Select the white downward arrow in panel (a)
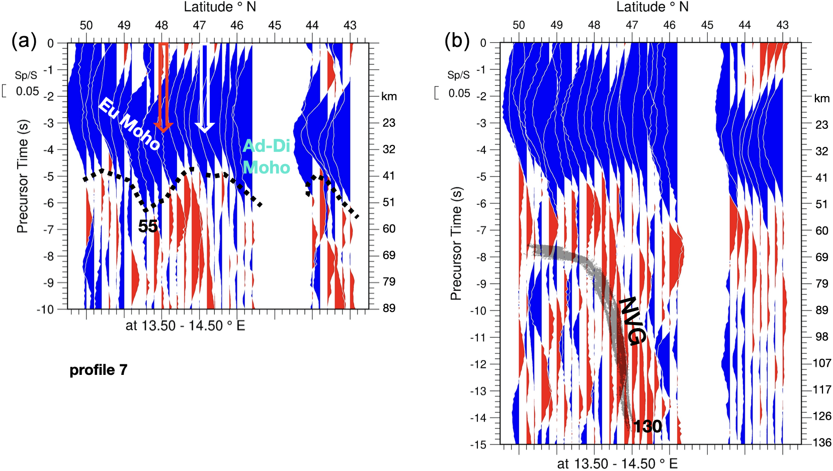click(204, 88)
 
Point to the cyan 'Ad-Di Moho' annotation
click(267, 156)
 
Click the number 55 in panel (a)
click(148, 226)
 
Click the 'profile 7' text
click(99, 370)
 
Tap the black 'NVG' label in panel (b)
click(631, 321)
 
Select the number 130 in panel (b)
click(647, 427)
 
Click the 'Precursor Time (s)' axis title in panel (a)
click(22, 176)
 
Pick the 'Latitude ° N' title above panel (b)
click(652, 7)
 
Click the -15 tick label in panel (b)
click(478, 445)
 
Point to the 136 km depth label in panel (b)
click(822, 443)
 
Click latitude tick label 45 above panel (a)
click(275, 25)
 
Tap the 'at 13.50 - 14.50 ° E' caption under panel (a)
click(185, 326)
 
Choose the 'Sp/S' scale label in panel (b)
click(459, 75)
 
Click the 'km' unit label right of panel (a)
click(389, 97)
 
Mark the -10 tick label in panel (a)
click(45, 309)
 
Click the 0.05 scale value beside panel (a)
click(27, 92)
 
